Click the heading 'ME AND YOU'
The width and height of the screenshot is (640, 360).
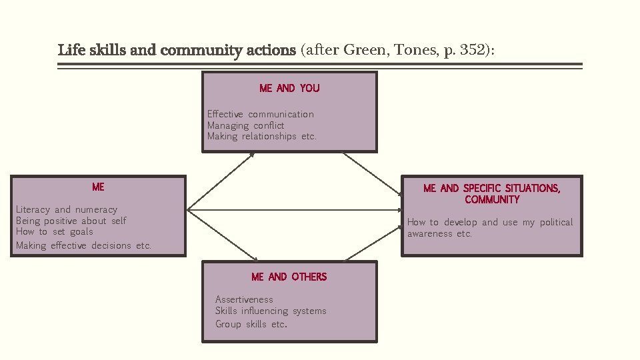(x=289, y=88)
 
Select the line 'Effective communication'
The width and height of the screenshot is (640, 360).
(x=260, y=114)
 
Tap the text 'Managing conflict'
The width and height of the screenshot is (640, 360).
(x=245, y=125)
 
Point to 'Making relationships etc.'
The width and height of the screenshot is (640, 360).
(x=261, y=136)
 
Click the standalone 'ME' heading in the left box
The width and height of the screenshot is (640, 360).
(x=98, y=187)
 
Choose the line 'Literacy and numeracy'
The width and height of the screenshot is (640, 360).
(x=66, y=209)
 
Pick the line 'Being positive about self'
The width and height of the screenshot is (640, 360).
(x=71, y=221)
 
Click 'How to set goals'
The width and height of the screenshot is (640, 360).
(x=54, y=231)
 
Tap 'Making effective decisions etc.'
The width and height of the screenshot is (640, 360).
(x=83, y=245)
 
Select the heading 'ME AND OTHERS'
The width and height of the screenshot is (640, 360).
(x=289, y=277)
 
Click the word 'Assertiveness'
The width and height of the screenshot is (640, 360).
(x=244, y=299)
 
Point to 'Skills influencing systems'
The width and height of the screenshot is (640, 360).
(x=271, y=311)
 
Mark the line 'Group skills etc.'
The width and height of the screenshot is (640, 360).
(x=251, y=324)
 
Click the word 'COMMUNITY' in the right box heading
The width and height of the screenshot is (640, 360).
(x=492, y=200)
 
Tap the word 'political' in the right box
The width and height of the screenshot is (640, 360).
(x=556, y=222)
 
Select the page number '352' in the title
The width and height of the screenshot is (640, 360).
(x=473, y=50)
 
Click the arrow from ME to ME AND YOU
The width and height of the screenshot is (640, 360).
(x=221, y=180)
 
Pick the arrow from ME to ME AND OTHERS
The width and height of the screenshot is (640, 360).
(x=223, y=235)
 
